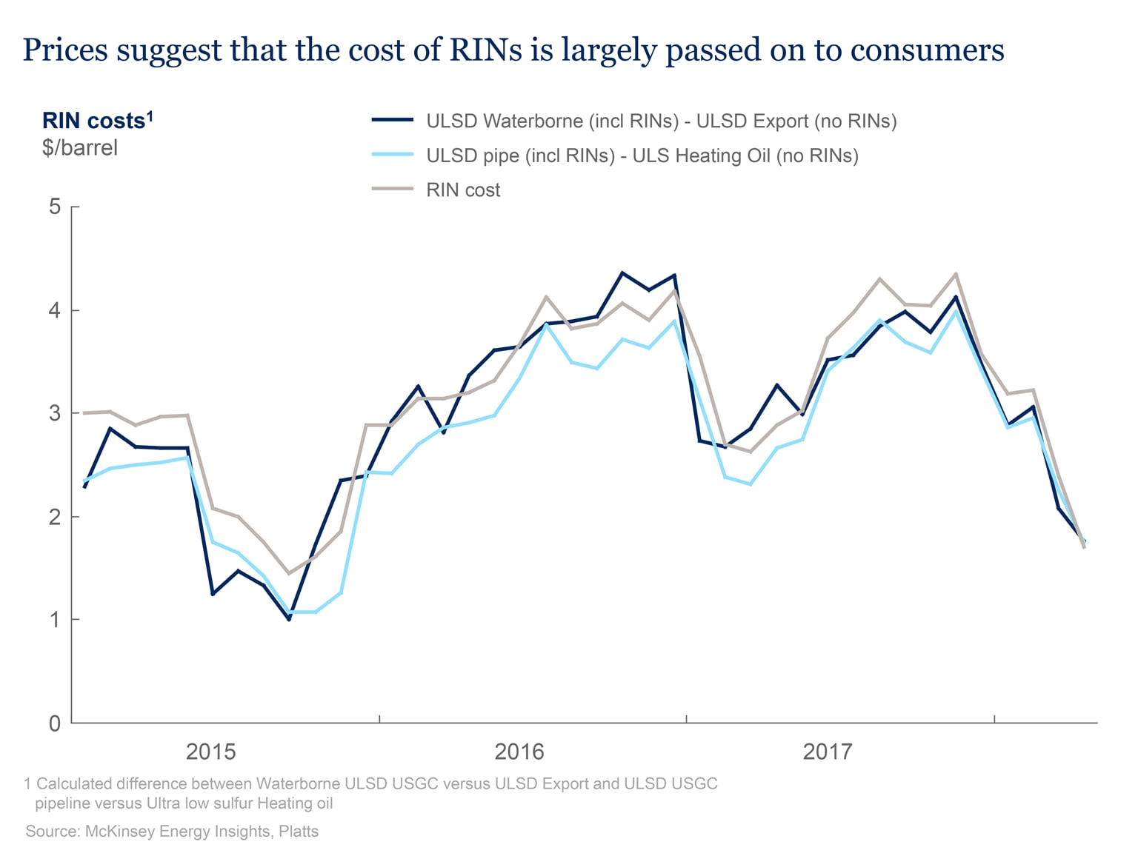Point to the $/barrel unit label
[80, 147]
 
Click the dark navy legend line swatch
[392, 120]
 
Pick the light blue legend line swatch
[392, 155]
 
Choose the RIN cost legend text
[463, 190]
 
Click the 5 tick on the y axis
[55, 207]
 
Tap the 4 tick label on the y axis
[55, 310]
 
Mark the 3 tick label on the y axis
[55, 413]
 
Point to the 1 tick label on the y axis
[55, 620]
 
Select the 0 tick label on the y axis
[55, 723]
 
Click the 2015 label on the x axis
[210, 752]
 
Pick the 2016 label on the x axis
[519, 752]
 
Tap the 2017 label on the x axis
[828, 752]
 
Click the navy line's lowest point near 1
[289, 619]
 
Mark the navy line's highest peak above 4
[622, 272]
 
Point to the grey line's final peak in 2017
[956, 274]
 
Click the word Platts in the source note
[299, 832]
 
